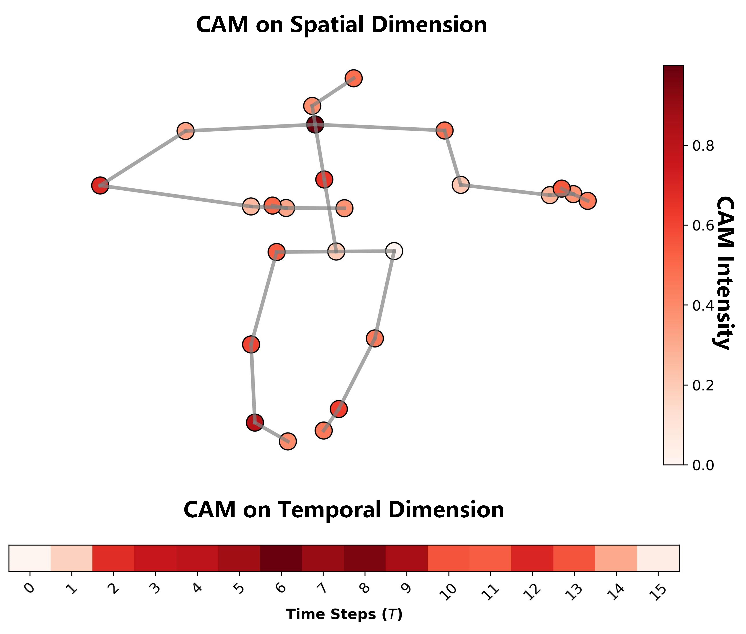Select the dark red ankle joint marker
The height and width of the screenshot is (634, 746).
click(x=255, y=422)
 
